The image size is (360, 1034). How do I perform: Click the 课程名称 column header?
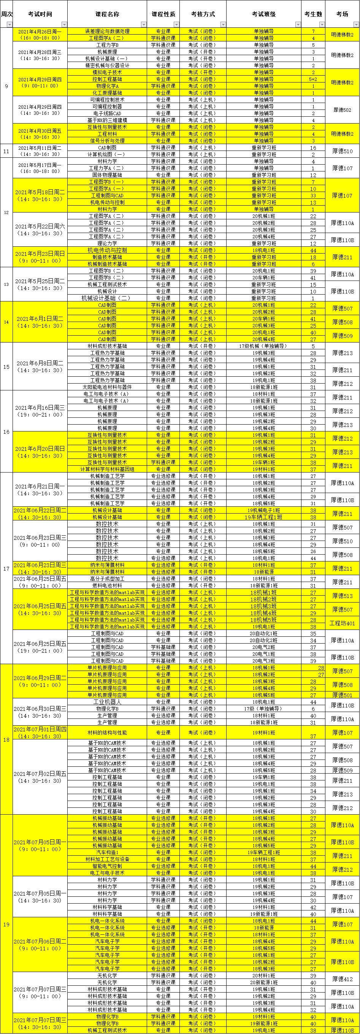coord(107,14)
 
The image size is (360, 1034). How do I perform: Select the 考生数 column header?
coord(313,14)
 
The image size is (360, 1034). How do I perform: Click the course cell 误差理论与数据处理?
coord(107,31)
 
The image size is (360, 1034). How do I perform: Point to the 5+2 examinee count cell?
coord(313,79)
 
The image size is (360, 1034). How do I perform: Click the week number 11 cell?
coord(6,151)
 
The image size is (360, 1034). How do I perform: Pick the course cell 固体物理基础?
coord(107,175)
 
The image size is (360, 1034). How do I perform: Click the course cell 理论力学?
coord(107,243)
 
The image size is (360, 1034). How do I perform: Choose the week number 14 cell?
coord(6,322)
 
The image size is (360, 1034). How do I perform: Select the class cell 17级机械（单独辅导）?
coord(263,346)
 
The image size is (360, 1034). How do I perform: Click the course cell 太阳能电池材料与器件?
coord(107,387)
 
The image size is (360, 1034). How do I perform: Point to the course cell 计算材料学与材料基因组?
coord(107,469)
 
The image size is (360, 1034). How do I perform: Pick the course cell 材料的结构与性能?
coord(107,733)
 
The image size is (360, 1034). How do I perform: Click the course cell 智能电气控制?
coord(107,866)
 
